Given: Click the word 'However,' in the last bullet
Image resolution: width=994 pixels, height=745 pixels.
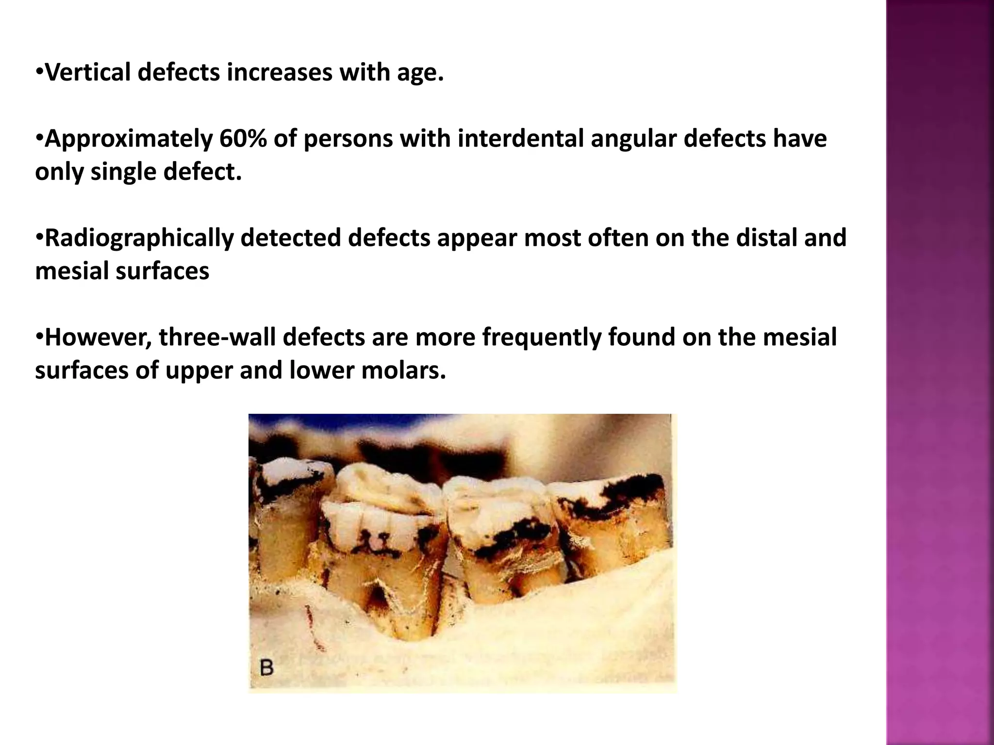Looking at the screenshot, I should (x=98, y=338).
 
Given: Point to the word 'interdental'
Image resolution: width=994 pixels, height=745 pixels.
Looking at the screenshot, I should (x=520, y=139).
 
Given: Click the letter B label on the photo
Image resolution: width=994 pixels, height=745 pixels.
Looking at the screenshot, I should (x=266, y=668).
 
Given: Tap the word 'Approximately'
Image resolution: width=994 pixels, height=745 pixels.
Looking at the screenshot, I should (x=128, y=139).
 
